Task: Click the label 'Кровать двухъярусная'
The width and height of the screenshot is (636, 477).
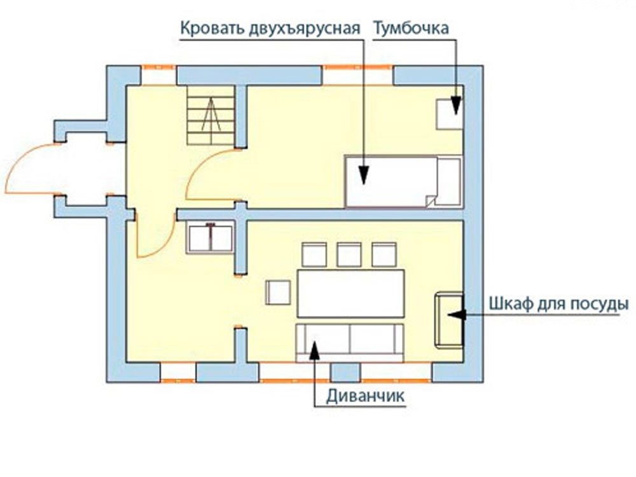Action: click(270, 29)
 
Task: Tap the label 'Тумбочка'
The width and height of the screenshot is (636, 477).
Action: click(411, 29)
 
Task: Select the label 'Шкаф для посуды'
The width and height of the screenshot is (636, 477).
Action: click(559, 304)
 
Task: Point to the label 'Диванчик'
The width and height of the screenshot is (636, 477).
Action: click(366, 396)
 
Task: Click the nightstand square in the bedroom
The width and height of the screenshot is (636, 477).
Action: click(450, 114)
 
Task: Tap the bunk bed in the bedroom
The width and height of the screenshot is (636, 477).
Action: click(403, 181)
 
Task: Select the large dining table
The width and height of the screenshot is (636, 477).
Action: click(351, 293)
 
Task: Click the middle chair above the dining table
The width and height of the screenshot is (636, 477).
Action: click(349, 254)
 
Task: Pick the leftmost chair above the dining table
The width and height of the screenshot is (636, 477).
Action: click(314, 254)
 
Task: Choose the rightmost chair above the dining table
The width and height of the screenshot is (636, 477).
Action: click(384, 254)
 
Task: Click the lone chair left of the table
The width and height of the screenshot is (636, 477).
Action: click(279, 293)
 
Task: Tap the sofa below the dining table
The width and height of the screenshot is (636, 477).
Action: click(350, 342)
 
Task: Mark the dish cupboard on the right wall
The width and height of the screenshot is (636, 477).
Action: click(449, 320)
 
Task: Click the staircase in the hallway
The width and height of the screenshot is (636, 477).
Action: click(211, 115)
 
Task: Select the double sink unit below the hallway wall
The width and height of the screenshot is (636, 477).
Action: click(210, 238)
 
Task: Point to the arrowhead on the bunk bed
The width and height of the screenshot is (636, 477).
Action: click(364, 175)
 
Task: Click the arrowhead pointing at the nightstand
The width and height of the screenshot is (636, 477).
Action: click(456, 106)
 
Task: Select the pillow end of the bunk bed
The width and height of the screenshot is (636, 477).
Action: click(450, 181)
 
